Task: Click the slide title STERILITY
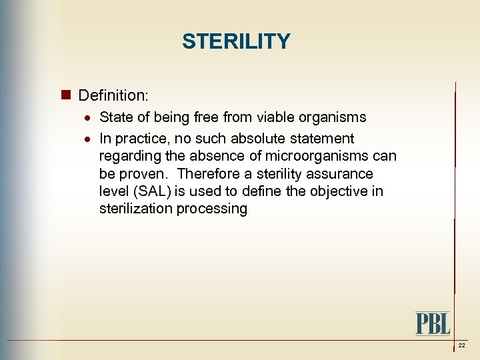236,41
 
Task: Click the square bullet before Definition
66,95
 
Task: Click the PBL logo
433,323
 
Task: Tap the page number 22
461,345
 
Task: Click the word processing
212,209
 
